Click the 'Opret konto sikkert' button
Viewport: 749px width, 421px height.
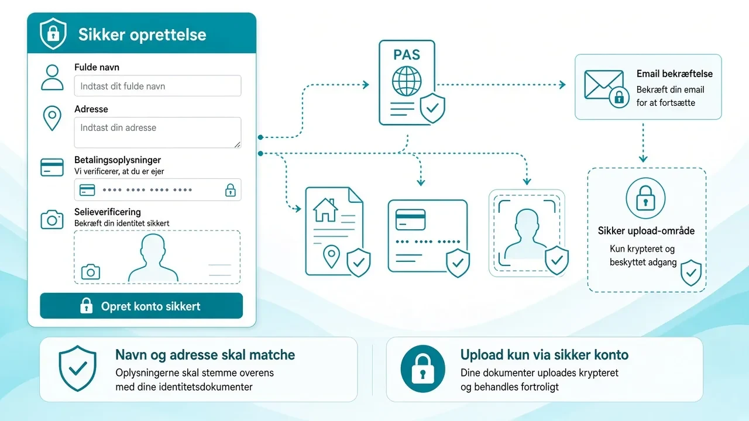(x=142, y=306)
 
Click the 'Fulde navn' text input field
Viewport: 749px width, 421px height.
(x=157, y=86)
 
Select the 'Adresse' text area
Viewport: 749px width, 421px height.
(x=157, y=132)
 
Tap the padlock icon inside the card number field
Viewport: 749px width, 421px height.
(x=230, y=190)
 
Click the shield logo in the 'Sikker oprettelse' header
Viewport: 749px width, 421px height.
(x=53, y=34)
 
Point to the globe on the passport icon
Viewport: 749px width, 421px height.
(x=407, y=81)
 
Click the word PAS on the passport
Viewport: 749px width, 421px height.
(x=407, y=55)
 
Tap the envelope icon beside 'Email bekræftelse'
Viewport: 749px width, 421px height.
(x=603, y=85)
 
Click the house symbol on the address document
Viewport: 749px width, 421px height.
(x=325, y=210)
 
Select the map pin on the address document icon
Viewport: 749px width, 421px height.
(x=331, y=256)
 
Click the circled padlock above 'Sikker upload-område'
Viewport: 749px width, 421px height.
(x=645, y=198)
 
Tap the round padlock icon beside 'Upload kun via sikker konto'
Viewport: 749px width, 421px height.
(x=422, y=369)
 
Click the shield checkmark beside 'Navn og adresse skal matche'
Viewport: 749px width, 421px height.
(x=78, y=368)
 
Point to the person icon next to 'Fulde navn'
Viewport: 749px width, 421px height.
(x=52, y=78)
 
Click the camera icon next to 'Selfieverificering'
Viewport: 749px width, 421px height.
(x=52, y=219)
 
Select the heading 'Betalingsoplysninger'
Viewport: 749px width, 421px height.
(x=118, y=160)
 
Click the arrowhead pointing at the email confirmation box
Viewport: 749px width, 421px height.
(x=562, y=85)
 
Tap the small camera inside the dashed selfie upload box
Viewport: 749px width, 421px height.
(x=91, y=272)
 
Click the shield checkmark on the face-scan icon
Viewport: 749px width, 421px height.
(x=556, y=260)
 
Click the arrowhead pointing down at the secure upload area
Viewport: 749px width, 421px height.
(x=643, y=158)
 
